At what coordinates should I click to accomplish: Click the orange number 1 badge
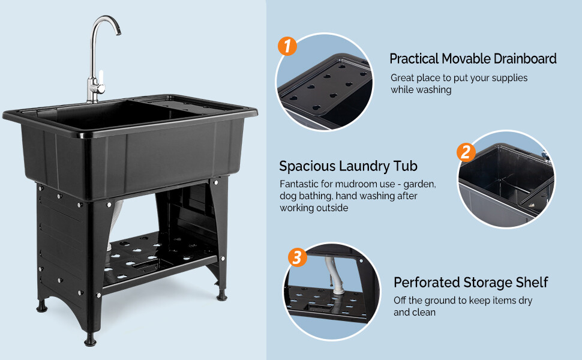tap(288, 46)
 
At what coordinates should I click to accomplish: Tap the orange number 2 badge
tap(466, 152)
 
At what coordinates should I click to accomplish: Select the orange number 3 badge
tap(298, 258)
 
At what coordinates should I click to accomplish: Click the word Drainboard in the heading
tap(525, 59)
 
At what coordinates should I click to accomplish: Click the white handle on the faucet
tap(102, 78)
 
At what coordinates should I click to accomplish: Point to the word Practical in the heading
tap(414, 59)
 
